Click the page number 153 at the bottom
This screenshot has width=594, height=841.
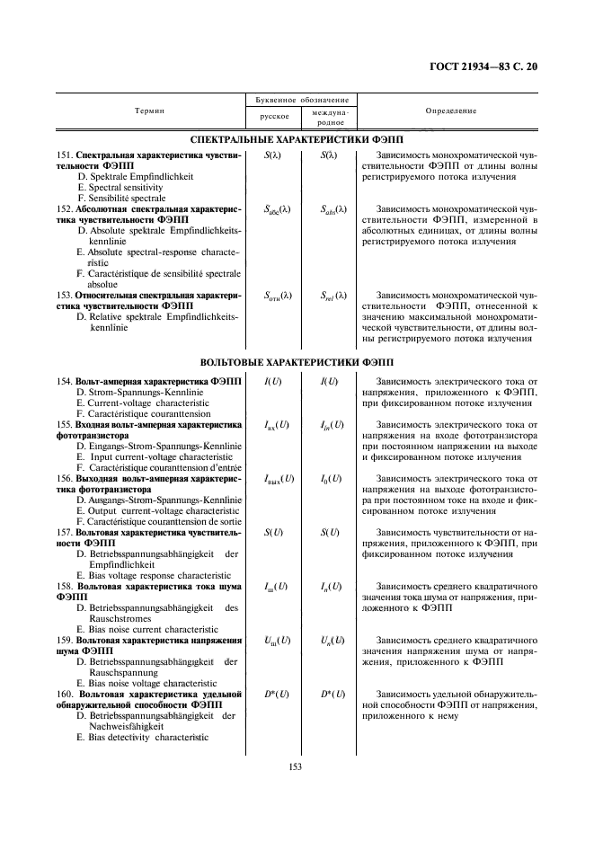294,766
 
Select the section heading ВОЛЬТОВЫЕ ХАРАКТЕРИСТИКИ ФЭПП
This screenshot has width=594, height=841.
297,361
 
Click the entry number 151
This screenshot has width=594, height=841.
65,155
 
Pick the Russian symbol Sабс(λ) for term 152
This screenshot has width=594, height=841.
273,210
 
